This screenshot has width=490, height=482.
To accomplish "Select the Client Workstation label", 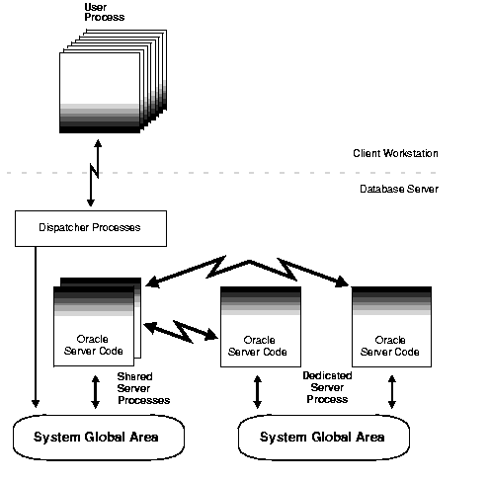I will coord(395,153).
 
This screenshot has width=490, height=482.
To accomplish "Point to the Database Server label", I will coord(398,189).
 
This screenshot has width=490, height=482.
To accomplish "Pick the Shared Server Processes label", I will coord(143,388).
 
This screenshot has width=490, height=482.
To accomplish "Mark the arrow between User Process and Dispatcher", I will coord(92,174).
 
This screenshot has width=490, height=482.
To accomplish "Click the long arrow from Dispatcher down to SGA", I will coord(36,326).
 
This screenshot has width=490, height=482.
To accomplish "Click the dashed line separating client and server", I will coord(247,172).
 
